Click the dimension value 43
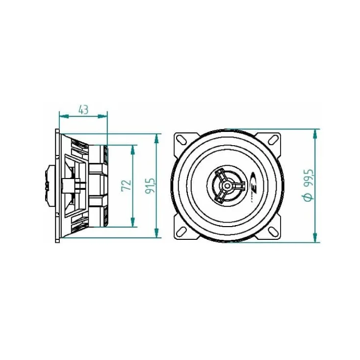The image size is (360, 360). [83, 109]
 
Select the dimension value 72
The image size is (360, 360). [126, 186]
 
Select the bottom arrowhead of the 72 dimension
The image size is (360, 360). [132, 224]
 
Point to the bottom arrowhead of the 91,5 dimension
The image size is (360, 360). [156, 236]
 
